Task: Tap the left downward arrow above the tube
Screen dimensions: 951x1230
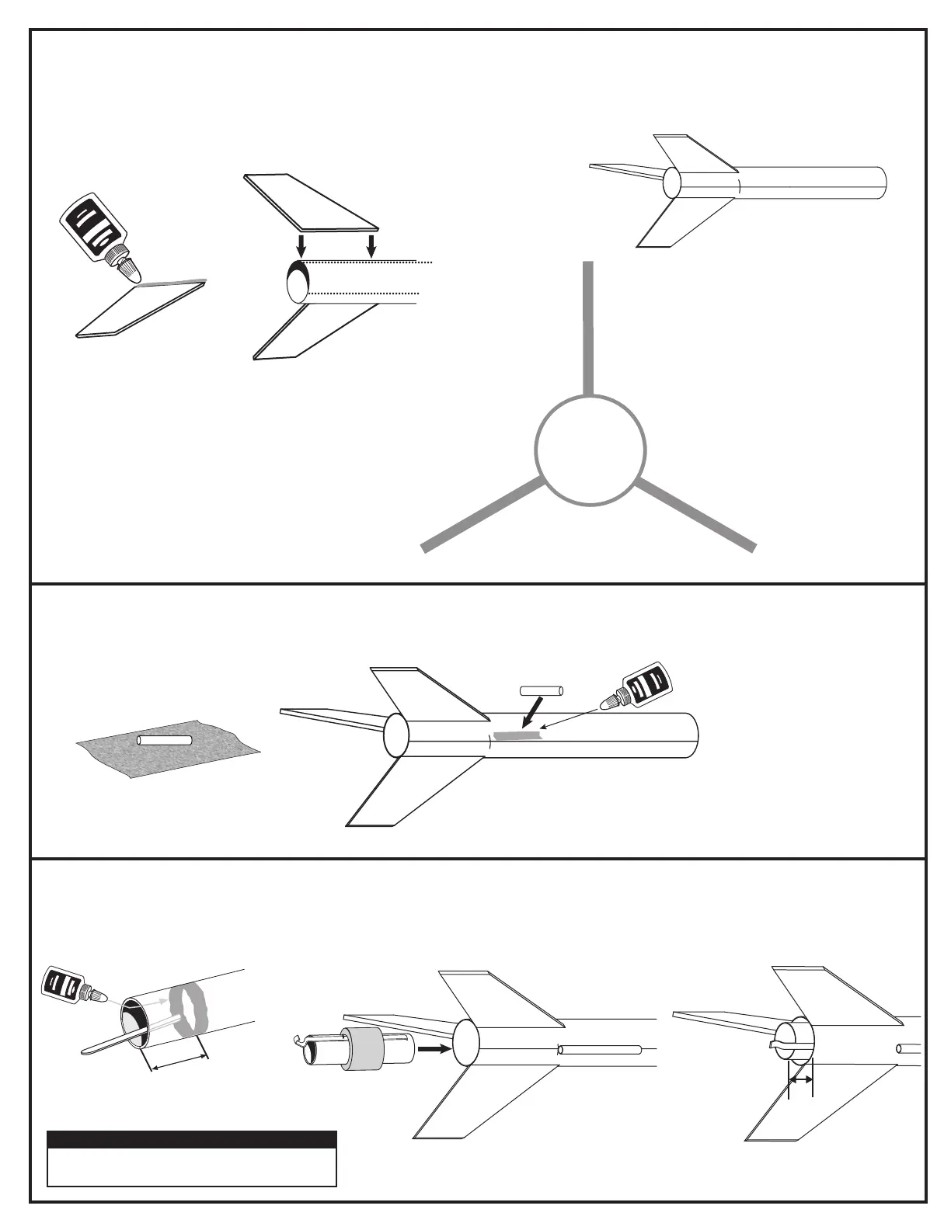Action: (x=301, y=245)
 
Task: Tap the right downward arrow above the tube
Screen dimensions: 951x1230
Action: (x=371, y=245)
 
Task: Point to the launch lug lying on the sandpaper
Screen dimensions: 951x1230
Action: (x=165, y=739)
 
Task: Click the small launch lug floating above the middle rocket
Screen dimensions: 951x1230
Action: (x=540, y=690)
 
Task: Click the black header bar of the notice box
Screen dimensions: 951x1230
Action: (x=192, y=1140)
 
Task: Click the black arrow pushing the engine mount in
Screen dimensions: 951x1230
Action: (x=434, y=1048)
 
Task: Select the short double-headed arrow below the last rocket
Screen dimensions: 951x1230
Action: (x=800, y=1080)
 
